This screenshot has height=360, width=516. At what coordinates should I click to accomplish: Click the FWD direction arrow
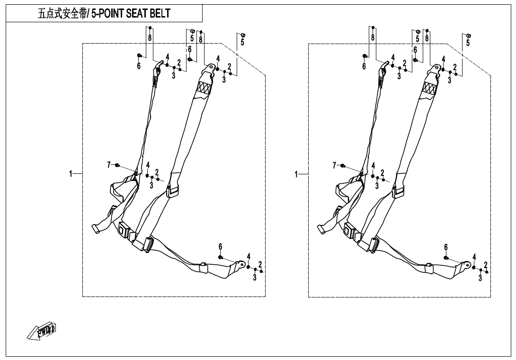click(42, 332)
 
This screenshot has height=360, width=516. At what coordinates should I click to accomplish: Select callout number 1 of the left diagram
click(71, 174)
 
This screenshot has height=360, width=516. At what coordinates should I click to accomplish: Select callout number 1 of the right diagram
click(296, 174)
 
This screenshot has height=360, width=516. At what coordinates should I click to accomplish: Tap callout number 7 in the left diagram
click(109, 164)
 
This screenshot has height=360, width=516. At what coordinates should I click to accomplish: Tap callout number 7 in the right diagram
click(334, 164)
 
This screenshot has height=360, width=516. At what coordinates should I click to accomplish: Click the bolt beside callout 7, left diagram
click(118, 165)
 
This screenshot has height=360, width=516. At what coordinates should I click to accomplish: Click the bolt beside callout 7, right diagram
click(343, 165)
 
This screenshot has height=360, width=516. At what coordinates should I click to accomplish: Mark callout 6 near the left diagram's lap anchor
click(220, 247)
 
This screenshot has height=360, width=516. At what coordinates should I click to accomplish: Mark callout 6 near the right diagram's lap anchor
click(445, 247)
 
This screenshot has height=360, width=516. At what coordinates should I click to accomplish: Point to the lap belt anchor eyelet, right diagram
click(467, 264)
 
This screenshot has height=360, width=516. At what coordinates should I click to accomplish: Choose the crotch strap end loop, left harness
click(96, 229)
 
